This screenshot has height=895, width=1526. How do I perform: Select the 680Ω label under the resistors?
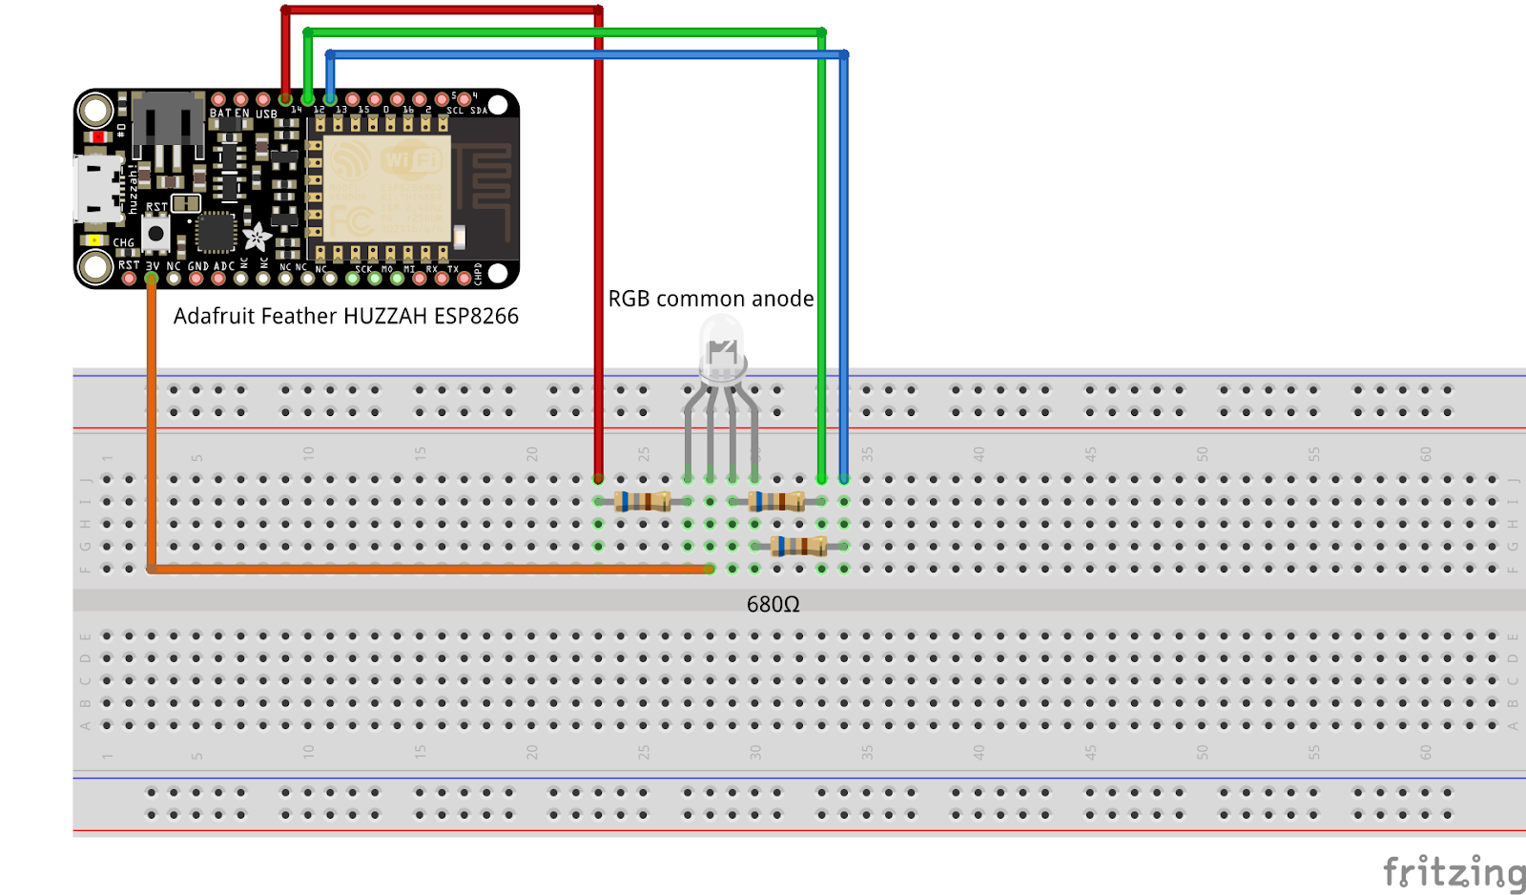(773, 604)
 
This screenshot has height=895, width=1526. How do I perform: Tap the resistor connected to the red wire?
(643, 501)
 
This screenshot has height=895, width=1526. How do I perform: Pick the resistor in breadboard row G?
(799, 546)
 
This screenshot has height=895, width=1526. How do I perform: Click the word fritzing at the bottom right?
(1452, 872)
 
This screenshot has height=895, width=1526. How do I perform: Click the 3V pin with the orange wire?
(152, 279)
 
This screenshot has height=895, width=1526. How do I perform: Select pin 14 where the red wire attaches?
(285, 99)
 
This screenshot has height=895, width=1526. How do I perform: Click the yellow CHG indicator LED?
(93, 239)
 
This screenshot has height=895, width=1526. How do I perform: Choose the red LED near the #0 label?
(97, 137)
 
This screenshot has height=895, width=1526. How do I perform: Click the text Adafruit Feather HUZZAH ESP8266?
(345, 316)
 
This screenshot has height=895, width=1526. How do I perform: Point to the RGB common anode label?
(711, 299)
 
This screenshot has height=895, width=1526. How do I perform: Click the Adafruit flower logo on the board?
(257, 237)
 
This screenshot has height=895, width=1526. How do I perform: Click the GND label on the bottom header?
(197, 266)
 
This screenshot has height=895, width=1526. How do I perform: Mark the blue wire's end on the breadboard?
(844, 479)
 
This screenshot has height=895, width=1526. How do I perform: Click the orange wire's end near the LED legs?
(710, 569)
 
